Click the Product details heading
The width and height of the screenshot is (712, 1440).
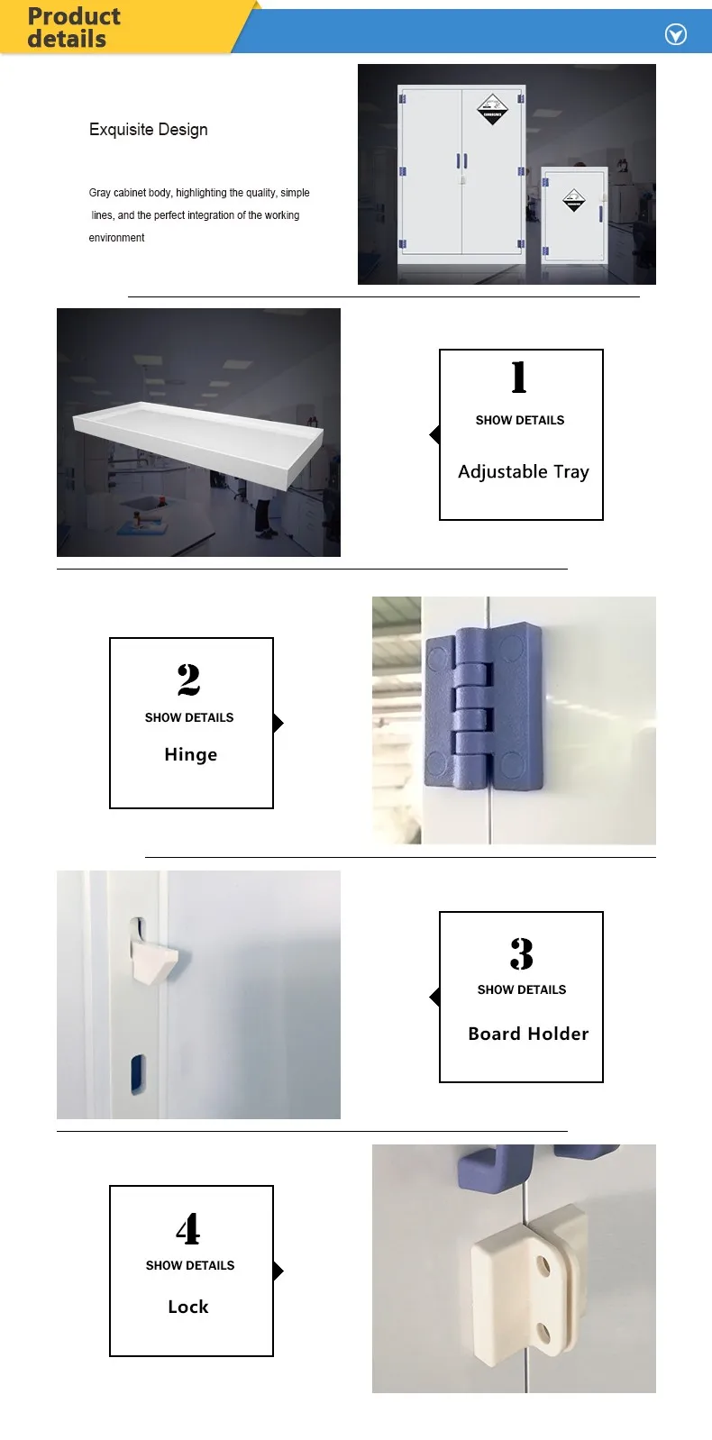click(74, 28)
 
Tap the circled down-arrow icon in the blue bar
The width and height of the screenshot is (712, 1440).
click(675, 34)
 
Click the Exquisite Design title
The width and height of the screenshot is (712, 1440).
click(149, 129)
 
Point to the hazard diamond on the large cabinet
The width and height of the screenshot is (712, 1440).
click(492, 109)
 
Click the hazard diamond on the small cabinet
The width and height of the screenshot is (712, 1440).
click(574, 200)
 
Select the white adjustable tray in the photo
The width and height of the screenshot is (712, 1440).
click(197, 441)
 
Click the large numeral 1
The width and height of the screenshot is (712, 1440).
click(519, 378)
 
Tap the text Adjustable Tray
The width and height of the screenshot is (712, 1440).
click(524, 472)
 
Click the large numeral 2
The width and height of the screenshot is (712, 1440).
click(189, 679)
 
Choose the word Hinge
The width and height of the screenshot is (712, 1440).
click(191, 754)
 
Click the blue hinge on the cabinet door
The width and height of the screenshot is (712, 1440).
click(484, 706)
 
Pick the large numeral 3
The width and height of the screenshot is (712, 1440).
click(522, 953)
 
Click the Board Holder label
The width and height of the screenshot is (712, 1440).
click(528, 1034)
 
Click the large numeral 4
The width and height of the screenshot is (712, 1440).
click(187, 1228)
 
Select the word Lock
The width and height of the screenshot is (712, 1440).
click(187, 1307)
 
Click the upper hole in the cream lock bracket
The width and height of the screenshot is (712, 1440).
click(544, 1266)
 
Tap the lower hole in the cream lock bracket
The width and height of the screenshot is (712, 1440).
click(544, 1334)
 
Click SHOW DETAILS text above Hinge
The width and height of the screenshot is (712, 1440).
click(189, 717)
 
